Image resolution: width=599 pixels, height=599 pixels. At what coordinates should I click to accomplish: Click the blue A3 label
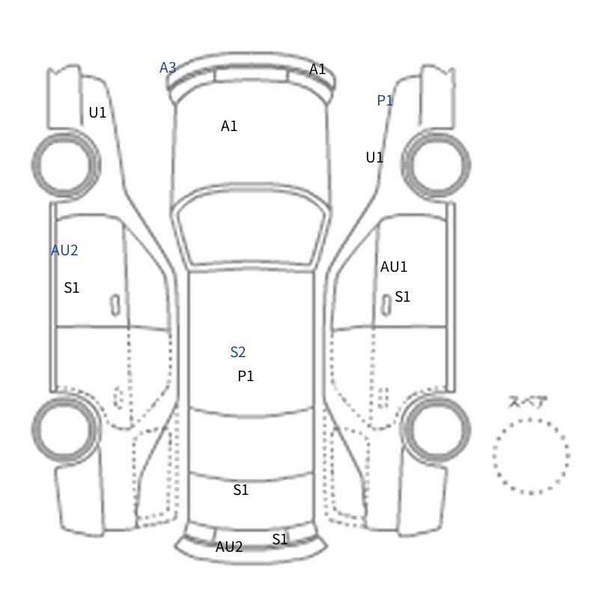click(168, 67)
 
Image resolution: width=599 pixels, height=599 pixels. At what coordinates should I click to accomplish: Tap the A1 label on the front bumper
click(317, 69)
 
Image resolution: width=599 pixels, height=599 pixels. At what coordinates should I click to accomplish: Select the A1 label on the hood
click(229, 126)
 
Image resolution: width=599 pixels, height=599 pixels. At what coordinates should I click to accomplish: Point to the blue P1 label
click(385, 100)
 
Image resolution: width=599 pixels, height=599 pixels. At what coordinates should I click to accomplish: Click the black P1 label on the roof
click(246, 376)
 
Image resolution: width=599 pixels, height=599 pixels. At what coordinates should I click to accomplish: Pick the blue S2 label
click(237, 352)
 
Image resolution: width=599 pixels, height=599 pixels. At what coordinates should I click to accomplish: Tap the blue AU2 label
click(64, 250)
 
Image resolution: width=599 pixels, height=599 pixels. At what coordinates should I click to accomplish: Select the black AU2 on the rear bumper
click(229, 547)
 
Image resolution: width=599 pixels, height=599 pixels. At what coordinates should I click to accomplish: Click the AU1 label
click(394, 267)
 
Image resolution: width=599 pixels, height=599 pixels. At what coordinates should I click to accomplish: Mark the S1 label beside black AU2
click(279, 539)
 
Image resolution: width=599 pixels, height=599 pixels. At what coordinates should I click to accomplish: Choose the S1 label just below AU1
click(402, 297)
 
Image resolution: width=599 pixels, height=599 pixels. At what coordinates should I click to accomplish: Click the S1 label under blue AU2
click(71, 288)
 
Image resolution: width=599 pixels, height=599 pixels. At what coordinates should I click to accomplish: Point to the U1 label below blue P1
click(374, 157)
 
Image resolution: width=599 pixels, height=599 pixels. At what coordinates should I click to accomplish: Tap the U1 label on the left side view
click(97, 112)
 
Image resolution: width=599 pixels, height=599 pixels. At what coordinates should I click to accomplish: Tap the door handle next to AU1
click(386, 305)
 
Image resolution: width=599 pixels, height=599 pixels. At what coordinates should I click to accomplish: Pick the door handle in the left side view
click(115, 305)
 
